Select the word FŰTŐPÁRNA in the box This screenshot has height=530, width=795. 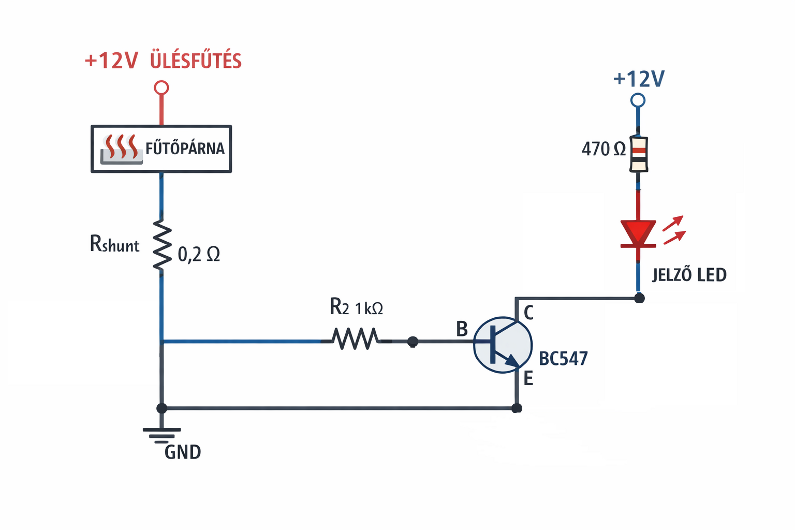[185, 149]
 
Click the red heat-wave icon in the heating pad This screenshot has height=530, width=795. [122, 146]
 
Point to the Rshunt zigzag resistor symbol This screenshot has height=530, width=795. [162, 244]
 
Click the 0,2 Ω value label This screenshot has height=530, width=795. [199, 254]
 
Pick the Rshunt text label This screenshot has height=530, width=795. [114, 244]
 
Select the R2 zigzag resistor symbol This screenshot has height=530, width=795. [355, 338]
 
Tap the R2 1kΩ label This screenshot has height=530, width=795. [356, 307]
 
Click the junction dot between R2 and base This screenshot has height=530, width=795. [413, 342]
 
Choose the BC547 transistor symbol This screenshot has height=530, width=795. [503, 345]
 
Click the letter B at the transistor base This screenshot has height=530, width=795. [462, 329]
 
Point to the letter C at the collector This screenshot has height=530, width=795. [528, 313]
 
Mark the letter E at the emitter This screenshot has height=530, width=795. [528, 378]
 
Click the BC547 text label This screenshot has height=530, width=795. [563, 359]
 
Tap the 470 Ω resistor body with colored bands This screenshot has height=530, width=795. [639, 154]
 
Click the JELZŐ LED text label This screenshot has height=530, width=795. [689, 275]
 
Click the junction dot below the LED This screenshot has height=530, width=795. [639, 298]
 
